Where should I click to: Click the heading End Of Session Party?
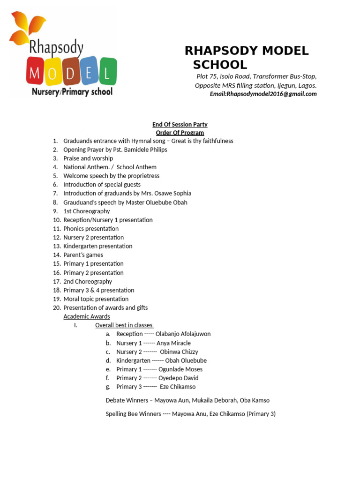coord(180,124)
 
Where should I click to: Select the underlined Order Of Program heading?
coord(180,133)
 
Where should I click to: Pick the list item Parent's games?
coord(83,255)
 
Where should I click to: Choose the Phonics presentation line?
coord(91,229)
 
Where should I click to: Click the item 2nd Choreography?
coord(88,281)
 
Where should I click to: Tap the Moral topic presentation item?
coord(96,299)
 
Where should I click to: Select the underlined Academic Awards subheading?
coord(87,316)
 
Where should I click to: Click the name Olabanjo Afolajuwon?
coord(183,334)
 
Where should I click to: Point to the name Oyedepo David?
coord(178,378)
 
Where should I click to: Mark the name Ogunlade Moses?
coord(180,369)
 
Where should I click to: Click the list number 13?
coord(57,246)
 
